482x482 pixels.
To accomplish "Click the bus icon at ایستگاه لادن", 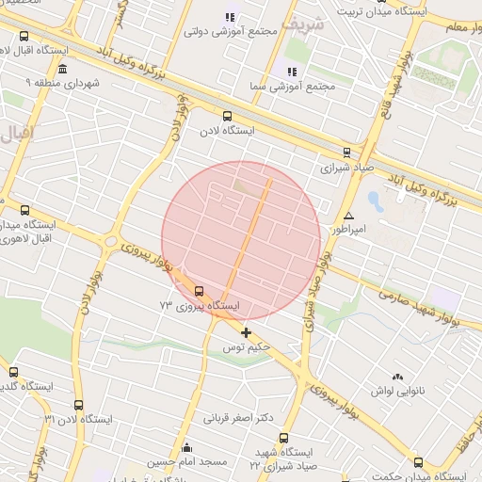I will point(225,116).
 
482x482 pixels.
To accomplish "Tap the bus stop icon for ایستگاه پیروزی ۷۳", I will point(200,290).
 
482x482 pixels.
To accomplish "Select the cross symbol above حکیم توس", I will point(246,332).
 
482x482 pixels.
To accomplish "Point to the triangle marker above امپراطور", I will point(349,216).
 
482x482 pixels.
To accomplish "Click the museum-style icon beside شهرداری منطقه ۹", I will point(62,70).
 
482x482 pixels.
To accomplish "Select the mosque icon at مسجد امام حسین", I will point(186,448).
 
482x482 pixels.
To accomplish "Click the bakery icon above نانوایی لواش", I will point(397,376).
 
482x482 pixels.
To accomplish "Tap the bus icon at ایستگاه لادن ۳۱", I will point(77,406).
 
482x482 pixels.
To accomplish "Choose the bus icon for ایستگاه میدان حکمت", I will point(418,462).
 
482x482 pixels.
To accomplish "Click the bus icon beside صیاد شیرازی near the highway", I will point(346,153).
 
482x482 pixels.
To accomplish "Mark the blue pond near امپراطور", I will point(376,201).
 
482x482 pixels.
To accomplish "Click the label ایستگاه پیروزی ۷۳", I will point(200,306).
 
